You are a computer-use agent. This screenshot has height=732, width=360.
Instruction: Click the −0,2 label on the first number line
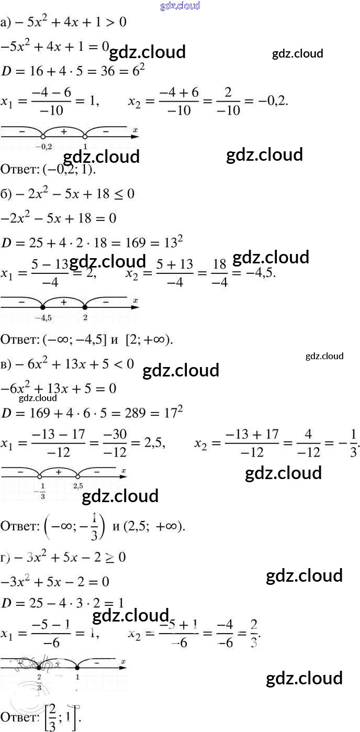(43, 146)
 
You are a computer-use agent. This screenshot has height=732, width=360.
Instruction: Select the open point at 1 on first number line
(85, 137)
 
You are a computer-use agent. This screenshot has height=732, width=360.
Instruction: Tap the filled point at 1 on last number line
(77, 667)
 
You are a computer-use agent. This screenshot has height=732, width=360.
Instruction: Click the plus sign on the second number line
(64, 302)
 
